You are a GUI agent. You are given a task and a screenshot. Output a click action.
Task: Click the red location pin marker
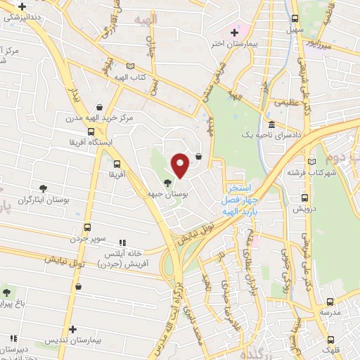point(180,164)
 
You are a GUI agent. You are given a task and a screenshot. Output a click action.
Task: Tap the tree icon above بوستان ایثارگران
point(43,188)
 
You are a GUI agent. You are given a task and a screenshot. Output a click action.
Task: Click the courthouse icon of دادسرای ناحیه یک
point(271,124)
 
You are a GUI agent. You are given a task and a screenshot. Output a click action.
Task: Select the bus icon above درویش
point(305,198)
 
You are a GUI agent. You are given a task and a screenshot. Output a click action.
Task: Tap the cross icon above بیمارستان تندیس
point(72,329)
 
